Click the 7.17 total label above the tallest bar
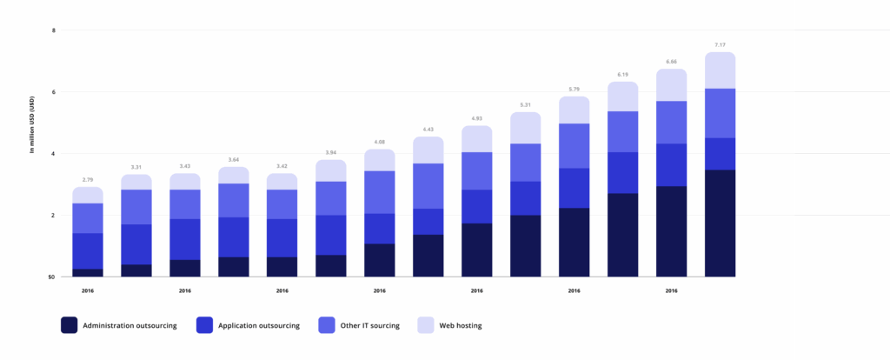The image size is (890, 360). point(721,43)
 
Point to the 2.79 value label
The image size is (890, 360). point(88,178)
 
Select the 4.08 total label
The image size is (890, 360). point(380,141)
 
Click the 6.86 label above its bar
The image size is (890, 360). point(672,62)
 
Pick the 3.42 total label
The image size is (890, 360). point(282,164)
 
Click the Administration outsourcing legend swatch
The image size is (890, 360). point(70,325)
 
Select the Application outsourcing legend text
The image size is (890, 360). point(259,325)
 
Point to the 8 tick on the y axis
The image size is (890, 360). point(54,30)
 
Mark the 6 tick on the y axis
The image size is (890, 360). point(54,92)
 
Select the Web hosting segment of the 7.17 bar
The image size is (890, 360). point(721,70)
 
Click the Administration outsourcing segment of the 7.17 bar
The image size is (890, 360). point(721,223)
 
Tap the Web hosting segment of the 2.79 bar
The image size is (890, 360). point(88,195)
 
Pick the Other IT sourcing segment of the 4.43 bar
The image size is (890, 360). point(428,185)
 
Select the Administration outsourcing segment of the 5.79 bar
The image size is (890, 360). point(575,242)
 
